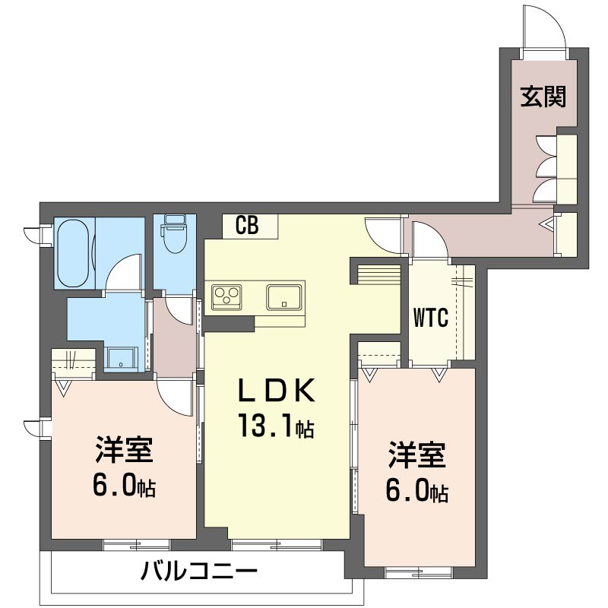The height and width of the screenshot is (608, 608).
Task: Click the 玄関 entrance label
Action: point(543,97)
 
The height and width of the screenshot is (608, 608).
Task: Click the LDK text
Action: point(277,391)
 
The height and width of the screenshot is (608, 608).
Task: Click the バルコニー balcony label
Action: point(199,571)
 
